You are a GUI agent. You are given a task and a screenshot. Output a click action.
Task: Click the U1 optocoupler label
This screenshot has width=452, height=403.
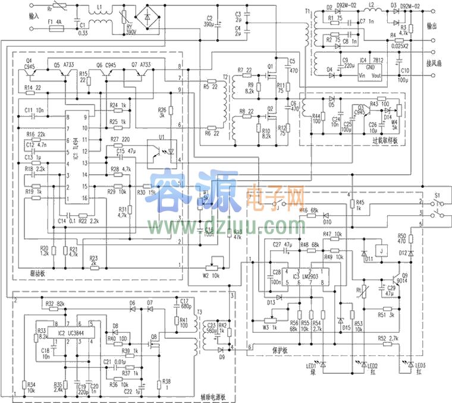[161, 137]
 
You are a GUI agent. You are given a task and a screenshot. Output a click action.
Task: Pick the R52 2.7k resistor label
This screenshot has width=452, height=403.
[387, 338]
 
